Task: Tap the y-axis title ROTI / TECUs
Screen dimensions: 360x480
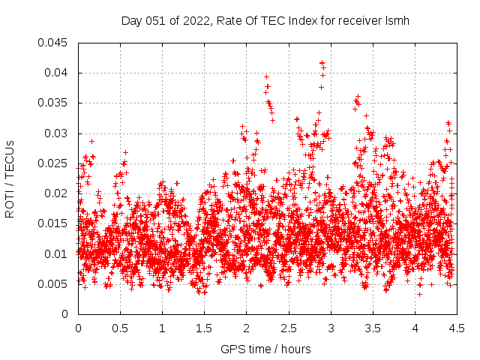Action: coord(10,178)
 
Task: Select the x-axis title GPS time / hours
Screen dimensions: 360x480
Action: coord(265,349)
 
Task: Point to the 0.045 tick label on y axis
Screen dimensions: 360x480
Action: coord(53,43)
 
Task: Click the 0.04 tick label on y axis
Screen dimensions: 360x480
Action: coord(56,73)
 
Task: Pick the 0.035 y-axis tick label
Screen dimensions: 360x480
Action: coord(53,103)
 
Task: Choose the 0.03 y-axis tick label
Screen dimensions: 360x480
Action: coord(56,133)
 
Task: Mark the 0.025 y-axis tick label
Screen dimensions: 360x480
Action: coord(53,163)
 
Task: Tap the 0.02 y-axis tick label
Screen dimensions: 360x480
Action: coord(56,193)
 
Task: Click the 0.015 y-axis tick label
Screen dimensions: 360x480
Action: coord(53,223)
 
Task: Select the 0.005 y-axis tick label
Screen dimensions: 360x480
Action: coord(53,283)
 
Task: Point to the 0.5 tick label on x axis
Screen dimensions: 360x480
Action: coord(120,328)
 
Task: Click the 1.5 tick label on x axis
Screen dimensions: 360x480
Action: coord(204,328)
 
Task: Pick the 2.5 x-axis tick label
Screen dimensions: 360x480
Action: coord(289,328)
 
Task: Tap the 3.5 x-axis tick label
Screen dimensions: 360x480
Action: coord(373,328)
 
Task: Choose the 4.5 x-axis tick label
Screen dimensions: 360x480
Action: coord(457,328)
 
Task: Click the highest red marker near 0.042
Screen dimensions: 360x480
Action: coord(322,63)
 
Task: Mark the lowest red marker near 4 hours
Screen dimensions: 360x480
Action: coord(420,293)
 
